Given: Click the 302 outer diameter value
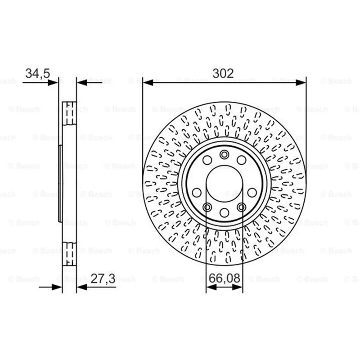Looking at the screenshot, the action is click(x=223, y=73).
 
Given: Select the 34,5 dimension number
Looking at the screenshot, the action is click(x=38, y=73).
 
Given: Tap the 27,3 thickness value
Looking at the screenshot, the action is click(x=103, y=279).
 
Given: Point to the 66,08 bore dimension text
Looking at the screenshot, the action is click(x=224, y=278).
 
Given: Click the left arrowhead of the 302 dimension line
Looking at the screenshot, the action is click(x=148, y=83).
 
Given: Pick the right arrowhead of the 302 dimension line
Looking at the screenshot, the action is click(x=301, y=83).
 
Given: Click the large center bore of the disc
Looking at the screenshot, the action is click(x=224, y=184).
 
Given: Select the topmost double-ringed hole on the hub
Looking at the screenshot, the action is click(x=224, y=154).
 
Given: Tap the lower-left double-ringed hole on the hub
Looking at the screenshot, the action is click(x=207, y=207).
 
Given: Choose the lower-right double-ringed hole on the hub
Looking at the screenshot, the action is click(x=242, y=207).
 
